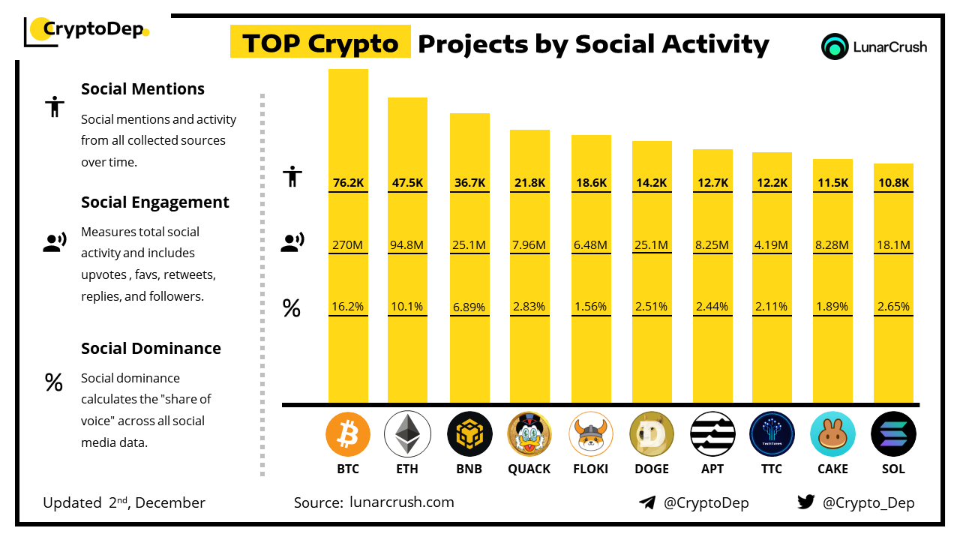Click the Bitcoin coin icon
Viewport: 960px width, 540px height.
[348, 434]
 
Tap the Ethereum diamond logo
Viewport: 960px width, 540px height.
[407, 434]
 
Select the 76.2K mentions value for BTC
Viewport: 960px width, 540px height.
[348, 182]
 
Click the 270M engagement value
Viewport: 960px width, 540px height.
[348, 244]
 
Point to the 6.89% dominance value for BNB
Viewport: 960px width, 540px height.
[469, 307]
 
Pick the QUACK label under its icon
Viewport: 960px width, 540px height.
[529, 469]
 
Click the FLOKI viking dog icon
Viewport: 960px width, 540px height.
[591, 434]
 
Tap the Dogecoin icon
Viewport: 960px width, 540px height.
[652, 434]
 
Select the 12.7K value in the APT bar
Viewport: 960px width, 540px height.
[712, 182]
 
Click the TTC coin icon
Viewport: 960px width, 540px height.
[772, 434]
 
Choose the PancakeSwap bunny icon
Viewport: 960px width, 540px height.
[832, 434]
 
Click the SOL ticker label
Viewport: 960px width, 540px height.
[893, 469]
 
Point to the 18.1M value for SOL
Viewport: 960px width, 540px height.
[893, 244]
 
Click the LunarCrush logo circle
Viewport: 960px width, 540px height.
[834, 46]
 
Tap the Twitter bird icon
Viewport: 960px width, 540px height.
[806, 502]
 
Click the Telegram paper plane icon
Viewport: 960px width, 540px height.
[647, 502]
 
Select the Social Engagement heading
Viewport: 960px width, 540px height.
[155, 202]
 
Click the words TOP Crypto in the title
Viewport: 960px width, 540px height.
[320, 43]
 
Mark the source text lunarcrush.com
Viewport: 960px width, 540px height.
[401, 502]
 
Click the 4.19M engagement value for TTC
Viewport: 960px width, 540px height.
[772, 244]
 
